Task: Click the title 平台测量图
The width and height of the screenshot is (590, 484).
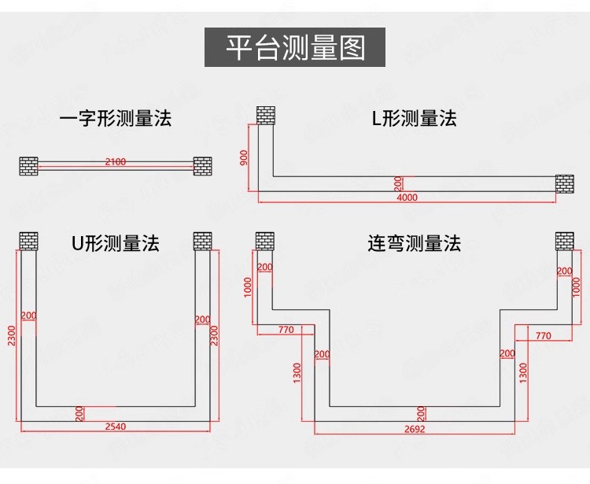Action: click(x=296, y=47)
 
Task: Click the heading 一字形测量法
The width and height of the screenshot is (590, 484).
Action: click(x=115, y=119)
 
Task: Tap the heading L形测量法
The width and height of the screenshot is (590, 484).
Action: click(x=414, y=119)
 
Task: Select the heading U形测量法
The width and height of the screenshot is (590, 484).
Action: click(x=115, y=243)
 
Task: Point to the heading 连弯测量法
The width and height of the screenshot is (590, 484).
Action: click(x=414, y=243)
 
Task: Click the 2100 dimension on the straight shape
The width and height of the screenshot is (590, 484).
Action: click(x=115, y=162)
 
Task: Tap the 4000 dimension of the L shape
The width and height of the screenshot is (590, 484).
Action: click(x=407, y=198)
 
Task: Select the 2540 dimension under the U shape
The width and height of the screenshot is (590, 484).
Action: click(x=115, y=427)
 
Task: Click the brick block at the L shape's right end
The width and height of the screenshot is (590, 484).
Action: click(x=565, y=183)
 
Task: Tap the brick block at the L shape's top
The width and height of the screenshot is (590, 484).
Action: click(x=265, y=116)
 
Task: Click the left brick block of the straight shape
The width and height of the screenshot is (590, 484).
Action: click(x=28, y=166)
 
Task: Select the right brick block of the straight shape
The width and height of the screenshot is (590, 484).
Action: click(x=202, y=166)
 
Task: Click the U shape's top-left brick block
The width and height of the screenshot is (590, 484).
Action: click(x=28, y=240)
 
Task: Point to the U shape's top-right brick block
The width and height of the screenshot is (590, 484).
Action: click(x=202, y=240)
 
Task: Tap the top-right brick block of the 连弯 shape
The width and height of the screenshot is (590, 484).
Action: click(x=565, y=240)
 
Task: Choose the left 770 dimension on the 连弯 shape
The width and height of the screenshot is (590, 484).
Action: click(x=286, y=331)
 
